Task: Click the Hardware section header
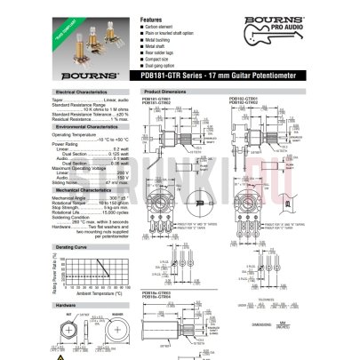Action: coord(62,304)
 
